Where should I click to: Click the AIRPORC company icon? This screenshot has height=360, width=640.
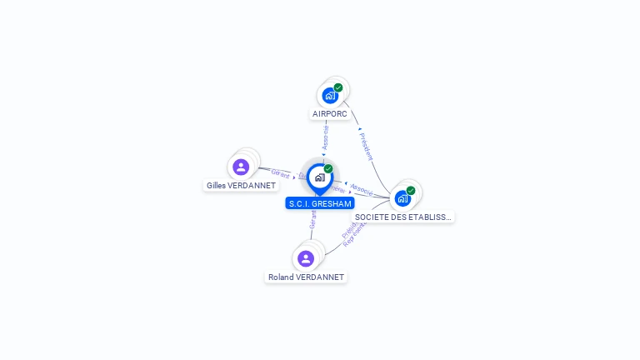(x=330, y=95)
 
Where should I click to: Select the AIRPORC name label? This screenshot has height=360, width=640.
(x=330, y=113)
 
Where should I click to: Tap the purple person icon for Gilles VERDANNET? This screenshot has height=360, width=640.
(x=241, y=167)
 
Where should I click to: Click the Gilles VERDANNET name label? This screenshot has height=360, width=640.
(x=241, y=185)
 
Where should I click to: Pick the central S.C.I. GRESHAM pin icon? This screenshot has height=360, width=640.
(x=319, y=177)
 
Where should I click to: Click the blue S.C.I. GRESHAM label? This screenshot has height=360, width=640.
(x=320, y=203)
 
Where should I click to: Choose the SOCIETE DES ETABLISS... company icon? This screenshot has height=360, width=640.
(x=402, y=198)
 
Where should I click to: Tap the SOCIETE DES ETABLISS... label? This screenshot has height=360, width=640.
(x=403, y=217)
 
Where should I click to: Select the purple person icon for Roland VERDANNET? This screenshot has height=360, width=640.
(x=306, y=258)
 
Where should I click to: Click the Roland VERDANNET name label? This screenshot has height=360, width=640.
(x=306, y=277)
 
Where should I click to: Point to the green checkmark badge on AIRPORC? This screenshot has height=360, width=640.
(x=338, y=87)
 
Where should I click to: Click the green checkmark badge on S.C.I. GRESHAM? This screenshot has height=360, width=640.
(x=328, y=168)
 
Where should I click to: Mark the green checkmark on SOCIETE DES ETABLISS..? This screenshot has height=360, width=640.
(x=411, y=190)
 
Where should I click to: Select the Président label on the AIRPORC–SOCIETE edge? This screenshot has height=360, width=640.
(x=366, y=146)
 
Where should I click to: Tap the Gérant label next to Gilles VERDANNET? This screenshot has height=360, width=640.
(x=280, y=173)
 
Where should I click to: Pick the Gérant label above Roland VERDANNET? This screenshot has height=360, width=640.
(x=312, y=219)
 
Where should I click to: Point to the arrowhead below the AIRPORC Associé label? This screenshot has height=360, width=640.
(x=324, y=154)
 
